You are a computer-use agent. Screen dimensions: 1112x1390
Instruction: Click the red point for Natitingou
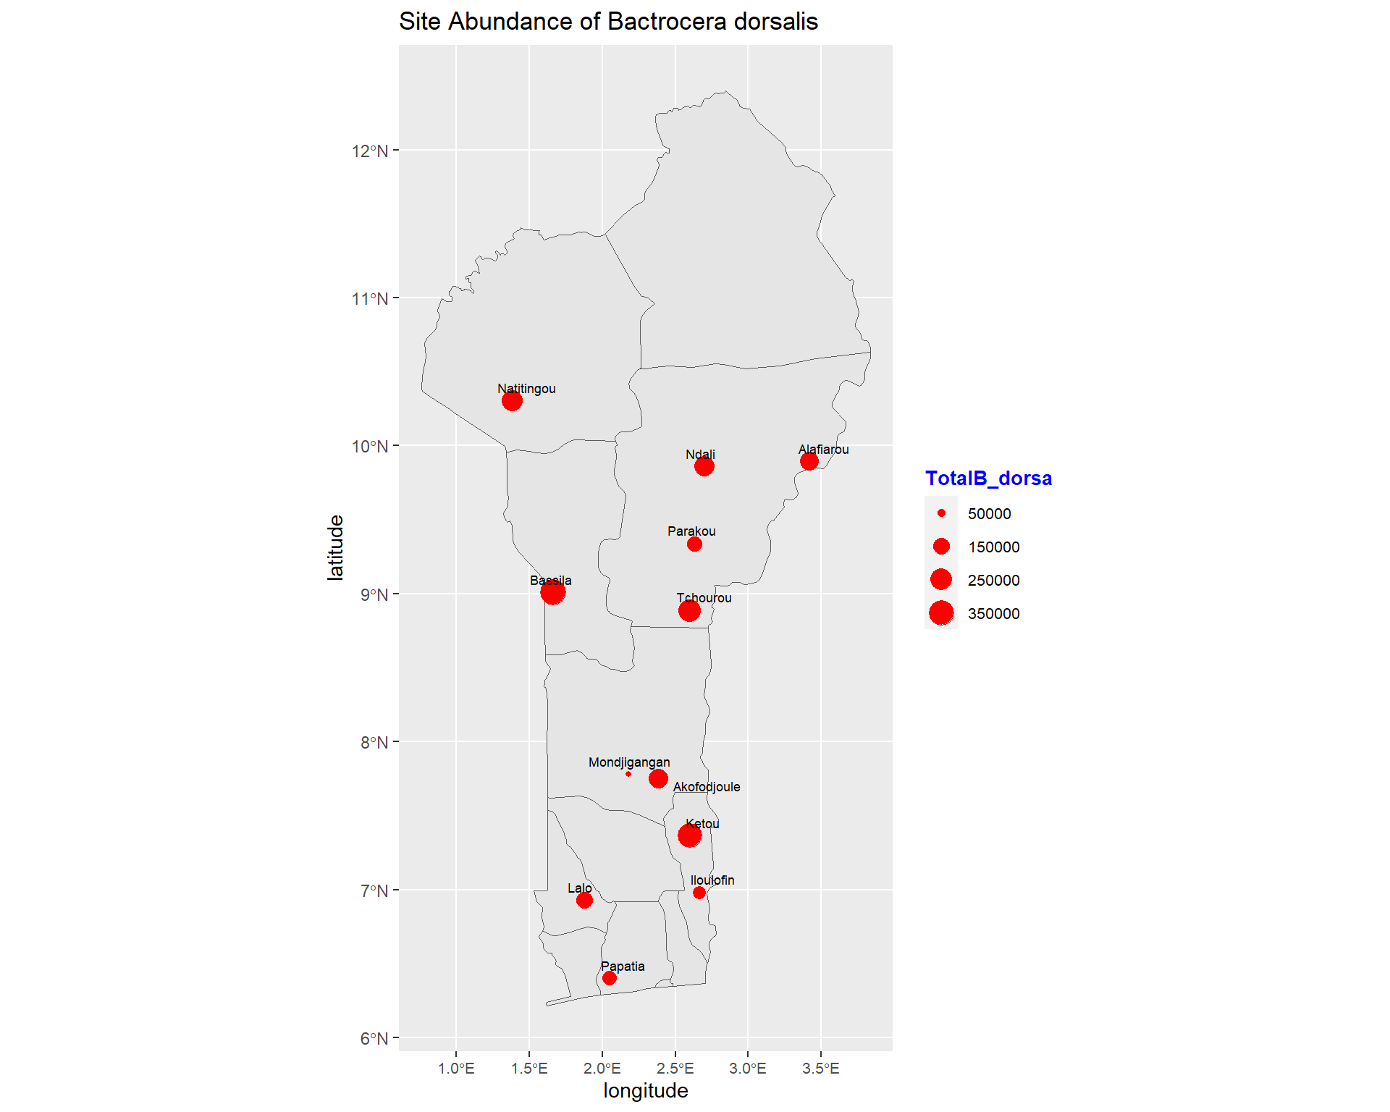coord(512,400)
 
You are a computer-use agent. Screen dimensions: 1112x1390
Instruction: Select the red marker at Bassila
coord(552,592)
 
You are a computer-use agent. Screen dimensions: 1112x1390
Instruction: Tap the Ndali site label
coord(700,455)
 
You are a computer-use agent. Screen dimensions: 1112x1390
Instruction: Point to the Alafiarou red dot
coord(809,461)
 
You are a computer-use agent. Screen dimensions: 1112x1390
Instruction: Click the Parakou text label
coord(691,531)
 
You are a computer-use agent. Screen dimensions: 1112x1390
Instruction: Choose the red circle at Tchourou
coord(689,610)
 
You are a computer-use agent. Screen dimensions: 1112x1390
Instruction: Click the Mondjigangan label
coord(629,762)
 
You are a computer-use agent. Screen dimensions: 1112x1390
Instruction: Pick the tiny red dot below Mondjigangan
coord(628,774)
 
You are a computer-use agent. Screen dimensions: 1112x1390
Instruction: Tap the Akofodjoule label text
coord(707,787)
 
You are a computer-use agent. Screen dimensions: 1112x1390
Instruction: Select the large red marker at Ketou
coord(689,835)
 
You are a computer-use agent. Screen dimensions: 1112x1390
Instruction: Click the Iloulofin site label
coord(712,880)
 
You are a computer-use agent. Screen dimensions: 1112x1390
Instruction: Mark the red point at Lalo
coord(584,900)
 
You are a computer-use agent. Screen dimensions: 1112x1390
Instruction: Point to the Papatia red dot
coord(610,978)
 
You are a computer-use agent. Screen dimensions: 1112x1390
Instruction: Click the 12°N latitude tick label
coord(370,151)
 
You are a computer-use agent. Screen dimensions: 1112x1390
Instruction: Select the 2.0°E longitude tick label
coord(602,1069)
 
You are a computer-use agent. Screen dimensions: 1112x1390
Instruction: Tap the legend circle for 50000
coord(941,513)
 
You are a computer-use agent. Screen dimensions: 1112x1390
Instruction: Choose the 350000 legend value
coord(993,614)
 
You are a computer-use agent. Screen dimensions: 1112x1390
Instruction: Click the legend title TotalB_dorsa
coord(988,479)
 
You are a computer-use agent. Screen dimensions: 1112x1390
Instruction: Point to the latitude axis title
coord(335,547)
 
